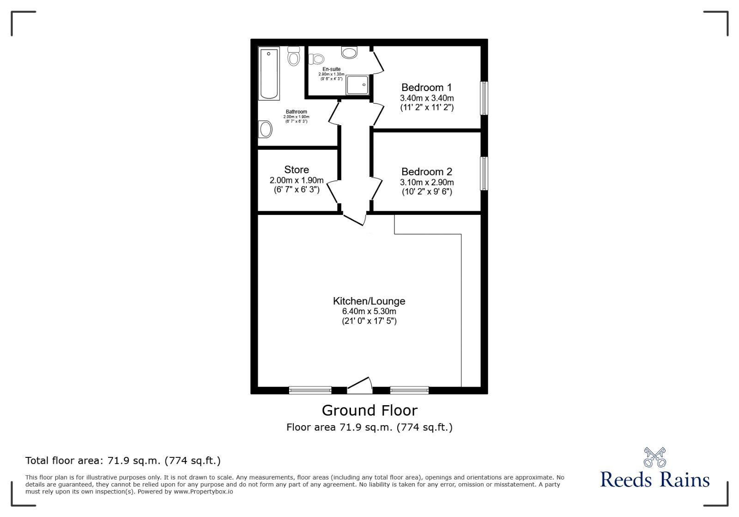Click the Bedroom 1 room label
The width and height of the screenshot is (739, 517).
tap(426, 87)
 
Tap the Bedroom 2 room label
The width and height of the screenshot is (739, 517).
tap(426, 172)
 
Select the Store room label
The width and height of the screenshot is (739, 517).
tap(297, 170)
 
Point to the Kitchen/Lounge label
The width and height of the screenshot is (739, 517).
tap(369, 301)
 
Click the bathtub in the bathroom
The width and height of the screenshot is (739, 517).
tap(269, 73)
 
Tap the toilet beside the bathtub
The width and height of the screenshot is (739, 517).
tap(293, 56)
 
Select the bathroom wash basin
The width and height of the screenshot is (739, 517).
tap(265, 129)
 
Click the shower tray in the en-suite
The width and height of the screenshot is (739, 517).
tap(358, 85)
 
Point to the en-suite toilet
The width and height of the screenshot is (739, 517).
tap(316, 59)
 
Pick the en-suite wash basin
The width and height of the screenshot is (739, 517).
tap(350, 52)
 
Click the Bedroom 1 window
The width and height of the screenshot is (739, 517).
tap(484, 98)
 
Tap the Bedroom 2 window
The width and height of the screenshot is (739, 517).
tap(484, 173)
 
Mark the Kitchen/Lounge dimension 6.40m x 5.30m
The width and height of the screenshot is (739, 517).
tap(369, 311)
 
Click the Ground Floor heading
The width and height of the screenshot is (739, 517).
tap(369, 410)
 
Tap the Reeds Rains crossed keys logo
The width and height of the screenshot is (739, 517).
tap(654, 457)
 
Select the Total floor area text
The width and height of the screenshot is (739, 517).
tap(123, 461)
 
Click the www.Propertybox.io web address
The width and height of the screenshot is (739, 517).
tap(203, 492)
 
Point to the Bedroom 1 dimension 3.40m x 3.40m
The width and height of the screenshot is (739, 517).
tap(427, 98)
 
